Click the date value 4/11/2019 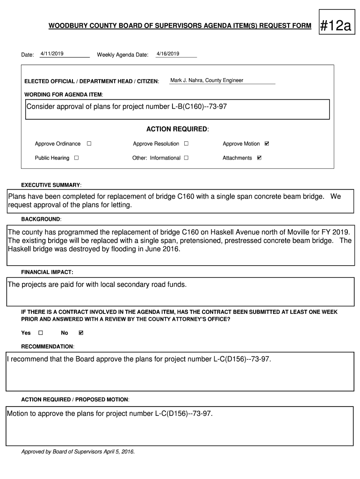(x=52, y=54)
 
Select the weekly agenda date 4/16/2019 (x=168, y=54)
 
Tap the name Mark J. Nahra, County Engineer (x=207, y=80)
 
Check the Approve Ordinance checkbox (x=89, y=144)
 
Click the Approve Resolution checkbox (x=186, y=144)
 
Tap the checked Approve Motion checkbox (x=267, y=144)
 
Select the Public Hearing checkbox (x=76, y=158)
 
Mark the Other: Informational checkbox (x=186, y=158)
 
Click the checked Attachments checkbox (x=259, y=158)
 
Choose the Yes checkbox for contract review (x=40, y=333)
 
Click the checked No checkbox (x=81, y=333)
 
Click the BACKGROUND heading (x=41, y=219)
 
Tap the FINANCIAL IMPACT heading (x=47, y=272)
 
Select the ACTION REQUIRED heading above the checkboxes (x=178, y=129)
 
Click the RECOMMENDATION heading (x=48, y=347)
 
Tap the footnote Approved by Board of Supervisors (x=78, y=452)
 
